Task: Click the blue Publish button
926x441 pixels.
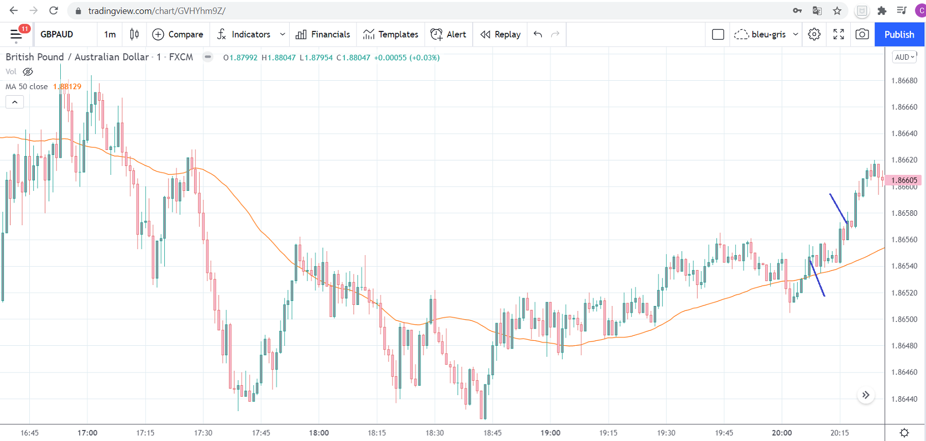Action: (x=899, y=34)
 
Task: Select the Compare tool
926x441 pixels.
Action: (x=177, y=34)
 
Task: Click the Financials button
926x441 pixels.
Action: (x=323, y=34)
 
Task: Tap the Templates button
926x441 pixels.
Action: (x=390, y=34)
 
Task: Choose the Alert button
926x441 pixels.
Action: (x=448, y=34)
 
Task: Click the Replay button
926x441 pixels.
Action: (x=500, y=34)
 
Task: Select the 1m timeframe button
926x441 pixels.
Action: (x=110, y=34)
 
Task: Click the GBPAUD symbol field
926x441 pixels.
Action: (x=57, y=34)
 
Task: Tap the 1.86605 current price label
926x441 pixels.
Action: (x=904, y=180)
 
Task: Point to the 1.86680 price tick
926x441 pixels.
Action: (x=904, y=81)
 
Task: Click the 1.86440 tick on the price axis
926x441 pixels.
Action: (x=904, y=399)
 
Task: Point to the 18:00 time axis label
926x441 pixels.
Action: (x=319, y=433)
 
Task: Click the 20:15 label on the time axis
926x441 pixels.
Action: (x=839, y=433)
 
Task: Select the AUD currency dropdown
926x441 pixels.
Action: (x=904, y=57)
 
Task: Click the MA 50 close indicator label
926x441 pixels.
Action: (x=27, y=86)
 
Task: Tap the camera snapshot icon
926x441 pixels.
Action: (x=862, y=34)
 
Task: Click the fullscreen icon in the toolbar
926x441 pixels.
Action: (x=838, y=34)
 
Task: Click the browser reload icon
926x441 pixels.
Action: (x=54, y=11)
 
